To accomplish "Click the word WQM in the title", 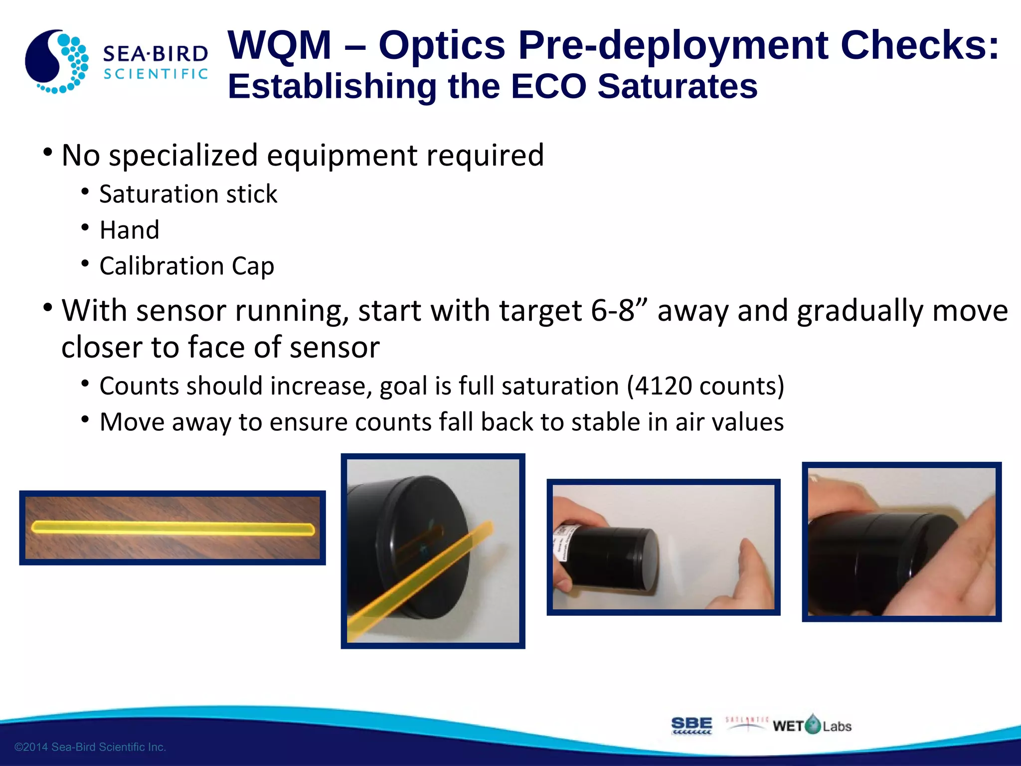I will click(x=280, y=45).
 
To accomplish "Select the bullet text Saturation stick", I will click(x=188, y=194).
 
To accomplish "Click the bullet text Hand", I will click(x=129, y=230).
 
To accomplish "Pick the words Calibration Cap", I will click(x=186, y=266).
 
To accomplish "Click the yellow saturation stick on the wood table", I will click(x=173, y=528).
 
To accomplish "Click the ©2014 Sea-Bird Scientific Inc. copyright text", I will click(x=90, y=747).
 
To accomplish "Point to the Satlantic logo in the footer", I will click(x=746, y=724).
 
